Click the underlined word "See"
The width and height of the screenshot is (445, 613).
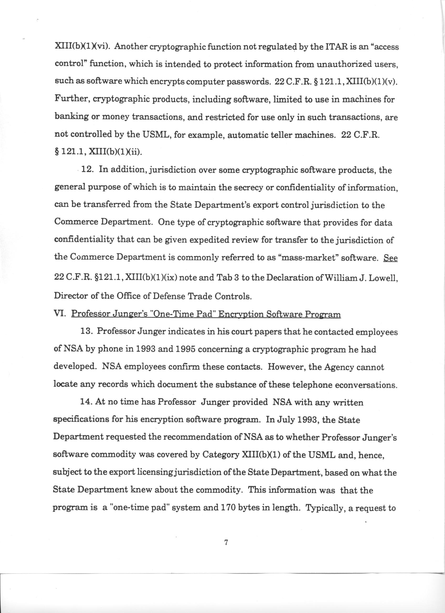click(x=390, y=258)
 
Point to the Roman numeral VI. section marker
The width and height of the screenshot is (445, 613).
click(x=60, y=314)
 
